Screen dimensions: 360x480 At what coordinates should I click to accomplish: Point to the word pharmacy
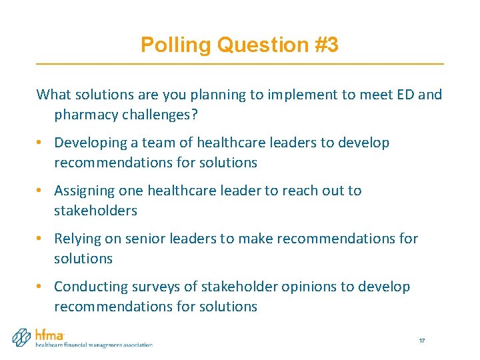pyautogui.click(x=86, y=114)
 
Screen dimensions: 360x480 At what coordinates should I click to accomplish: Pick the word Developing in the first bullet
pyautogui.click(x=90, y=143)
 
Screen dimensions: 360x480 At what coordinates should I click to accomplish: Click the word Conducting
pyautogui.click(x=89, y=287)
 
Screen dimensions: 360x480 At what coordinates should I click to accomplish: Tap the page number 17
pyautogui.click(x=422, y=341)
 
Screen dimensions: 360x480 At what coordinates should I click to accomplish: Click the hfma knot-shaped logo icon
pyautogui.click(x=23, y=337)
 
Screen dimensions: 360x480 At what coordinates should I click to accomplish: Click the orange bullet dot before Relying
pyautogui.click(x=41, y=239)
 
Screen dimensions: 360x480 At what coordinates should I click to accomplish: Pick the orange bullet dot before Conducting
pyautogui.click(x=41, y=287)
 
